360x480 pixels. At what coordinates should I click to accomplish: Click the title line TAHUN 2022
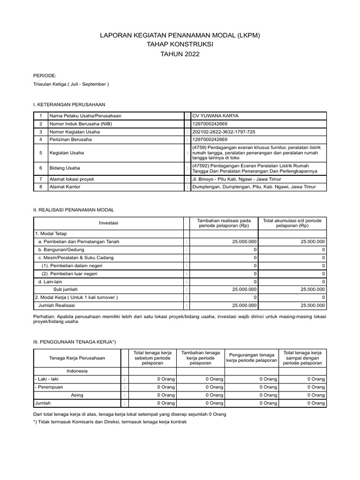point(180,54)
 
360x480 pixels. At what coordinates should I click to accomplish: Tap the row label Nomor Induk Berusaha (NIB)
point(81,124)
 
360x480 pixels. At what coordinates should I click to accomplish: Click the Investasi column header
point(109,223)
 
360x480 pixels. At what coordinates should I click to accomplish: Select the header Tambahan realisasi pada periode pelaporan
point(224,223)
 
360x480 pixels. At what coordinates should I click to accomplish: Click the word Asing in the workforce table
point(77,395)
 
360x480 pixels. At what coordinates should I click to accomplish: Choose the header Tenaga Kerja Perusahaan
point(77,358)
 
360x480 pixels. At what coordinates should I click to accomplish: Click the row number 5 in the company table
point(41,152)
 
